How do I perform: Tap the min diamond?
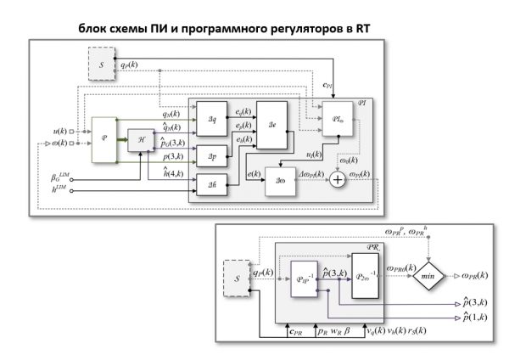point(430,275)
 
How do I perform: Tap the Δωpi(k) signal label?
point(316,172)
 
